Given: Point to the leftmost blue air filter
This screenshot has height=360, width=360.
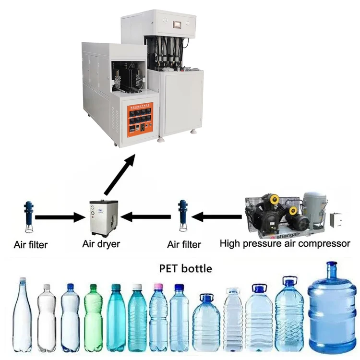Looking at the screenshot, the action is (x=28, y=216).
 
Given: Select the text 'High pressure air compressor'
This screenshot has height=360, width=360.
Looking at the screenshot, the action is (x=285, y=243).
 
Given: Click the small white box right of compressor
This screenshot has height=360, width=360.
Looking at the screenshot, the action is (x=338, y=219).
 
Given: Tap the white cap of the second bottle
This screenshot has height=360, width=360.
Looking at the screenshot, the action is (x=47, y=288).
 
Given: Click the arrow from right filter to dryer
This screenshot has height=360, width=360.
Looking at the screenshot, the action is (x=146, y=217).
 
